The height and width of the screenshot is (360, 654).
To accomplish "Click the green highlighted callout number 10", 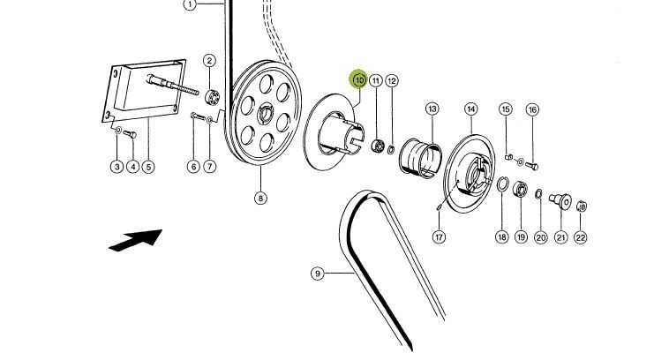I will click(359, 80).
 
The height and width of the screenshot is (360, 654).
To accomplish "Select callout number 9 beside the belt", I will click(317, 274).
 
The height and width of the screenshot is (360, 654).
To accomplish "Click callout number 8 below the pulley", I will click(260, 198).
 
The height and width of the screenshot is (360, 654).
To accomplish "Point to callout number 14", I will click(471, 109).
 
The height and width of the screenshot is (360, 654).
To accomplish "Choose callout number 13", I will click(432, 109).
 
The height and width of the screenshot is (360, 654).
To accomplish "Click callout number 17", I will click(439, 236).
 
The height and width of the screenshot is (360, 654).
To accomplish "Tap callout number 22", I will click(581, 236).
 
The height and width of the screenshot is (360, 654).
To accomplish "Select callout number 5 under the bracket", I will click(149, 167).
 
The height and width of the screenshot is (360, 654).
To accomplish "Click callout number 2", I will click(209, 61).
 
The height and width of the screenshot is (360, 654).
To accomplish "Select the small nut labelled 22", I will click(581, 207).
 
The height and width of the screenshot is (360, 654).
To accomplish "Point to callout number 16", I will click(532, 109).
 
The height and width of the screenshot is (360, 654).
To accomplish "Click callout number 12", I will click(392, 80).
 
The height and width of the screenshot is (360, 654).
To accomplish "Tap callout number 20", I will click(540, 236).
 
